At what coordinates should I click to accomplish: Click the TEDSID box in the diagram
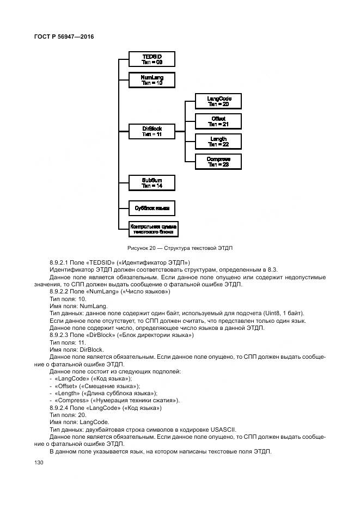pyautogui.click(x=152, y=59)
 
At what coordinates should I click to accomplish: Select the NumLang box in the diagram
pyautogui.click(x=152, y=80)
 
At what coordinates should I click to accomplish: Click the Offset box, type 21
pyautogui.click(x=218, y=121)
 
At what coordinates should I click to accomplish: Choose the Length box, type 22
pyautogui.click(x=218, y=142)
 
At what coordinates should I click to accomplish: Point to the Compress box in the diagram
pyautogui.click(x=218, y=162)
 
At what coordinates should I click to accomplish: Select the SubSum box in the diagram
pyautogui.click(x=152, y=182)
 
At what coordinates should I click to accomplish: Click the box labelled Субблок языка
pyautogui.click(x=152, y=208)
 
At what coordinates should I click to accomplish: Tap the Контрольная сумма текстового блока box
pyautogui.click(x=153, y=228)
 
